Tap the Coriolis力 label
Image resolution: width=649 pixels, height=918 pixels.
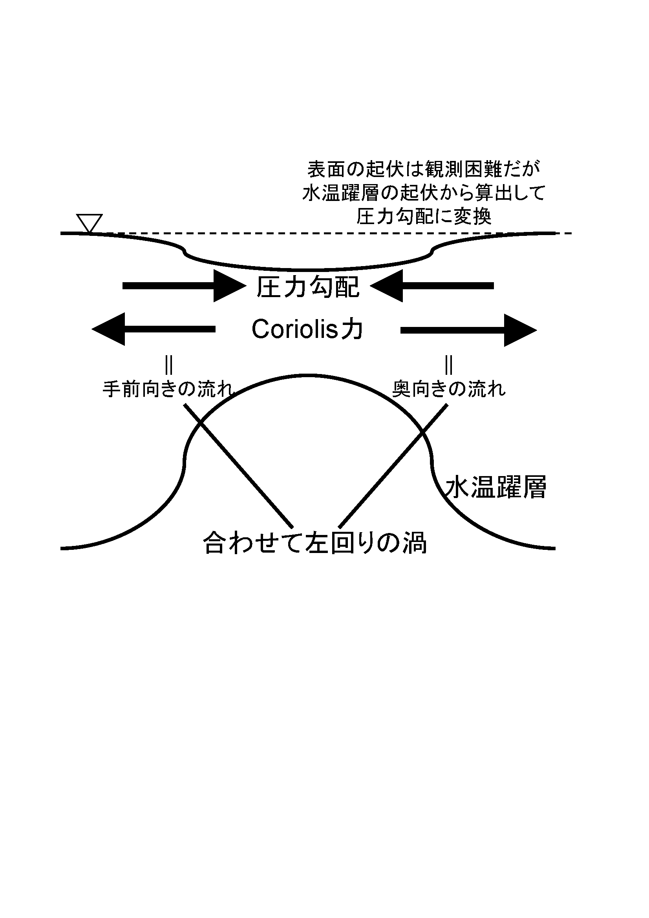tap(307, 329)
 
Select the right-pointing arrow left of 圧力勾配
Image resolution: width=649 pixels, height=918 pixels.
tap(184, 286)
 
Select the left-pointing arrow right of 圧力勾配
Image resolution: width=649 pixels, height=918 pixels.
tap(432, 286)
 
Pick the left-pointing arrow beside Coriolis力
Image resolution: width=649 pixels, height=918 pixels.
tap(154, 329)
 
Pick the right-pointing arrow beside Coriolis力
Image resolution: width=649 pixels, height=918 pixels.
tap(469, 330)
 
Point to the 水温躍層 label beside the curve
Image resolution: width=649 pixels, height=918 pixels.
tap(496, 487)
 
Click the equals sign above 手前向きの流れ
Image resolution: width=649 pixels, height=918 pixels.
tap(168, 365)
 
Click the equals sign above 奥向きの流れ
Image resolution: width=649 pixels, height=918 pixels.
tap(449, 365)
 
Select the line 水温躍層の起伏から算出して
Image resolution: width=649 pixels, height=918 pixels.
tap(424, 193)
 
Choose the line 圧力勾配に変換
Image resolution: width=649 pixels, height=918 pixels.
tap(424, 217)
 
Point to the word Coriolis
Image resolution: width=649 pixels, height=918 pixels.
tap(295, 329)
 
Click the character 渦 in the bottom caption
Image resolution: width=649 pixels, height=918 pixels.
tap(415, 543)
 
